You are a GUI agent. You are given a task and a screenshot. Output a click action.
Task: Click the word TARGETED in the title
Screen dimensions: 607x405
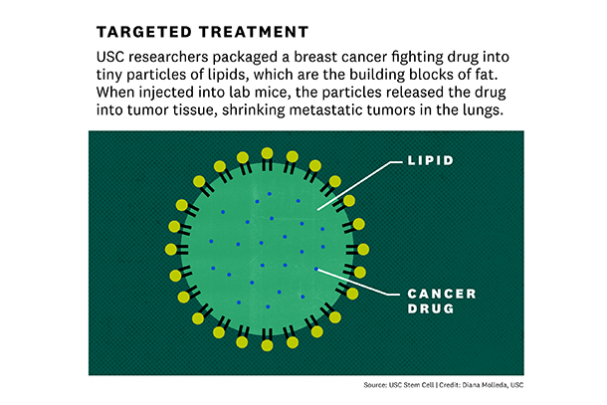144,32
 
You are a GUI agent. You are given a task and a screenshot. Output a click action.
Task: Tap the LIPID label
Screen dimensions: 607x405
431,160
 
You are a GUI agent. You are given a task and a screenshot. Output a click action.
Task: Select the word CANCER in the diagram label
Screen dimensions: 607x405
442,294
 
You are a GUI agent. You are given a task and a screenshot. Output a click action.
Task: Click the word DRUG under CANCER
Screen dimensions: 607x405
431,308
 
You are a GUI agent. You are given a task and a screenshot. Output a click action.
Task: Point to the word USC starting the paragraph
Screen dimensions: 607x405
110,57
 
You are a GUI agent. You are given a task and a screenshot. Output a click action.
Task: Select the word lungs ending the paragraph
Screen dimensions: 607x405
484,110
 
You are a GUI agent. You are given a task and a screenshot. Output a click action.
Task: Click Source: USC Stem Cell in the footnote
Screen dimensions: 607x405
399,385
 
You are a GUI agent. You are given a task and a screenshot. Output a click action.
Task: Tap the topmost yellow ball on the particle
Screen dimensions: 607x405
267,153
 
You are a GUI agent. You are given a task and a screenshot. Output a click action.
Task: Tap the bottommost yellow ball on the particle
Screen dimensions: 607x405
267,345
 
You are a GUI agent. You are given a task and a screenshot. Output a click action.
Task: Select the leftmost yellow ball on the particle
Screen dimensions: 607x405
171,250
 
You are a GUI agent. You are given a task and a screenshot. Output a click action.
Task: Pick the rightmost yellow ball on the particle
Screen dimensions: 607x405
363,250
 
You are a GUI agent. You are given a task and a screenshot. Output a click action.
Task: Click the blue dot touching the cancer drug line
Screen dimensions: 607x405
316,269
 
